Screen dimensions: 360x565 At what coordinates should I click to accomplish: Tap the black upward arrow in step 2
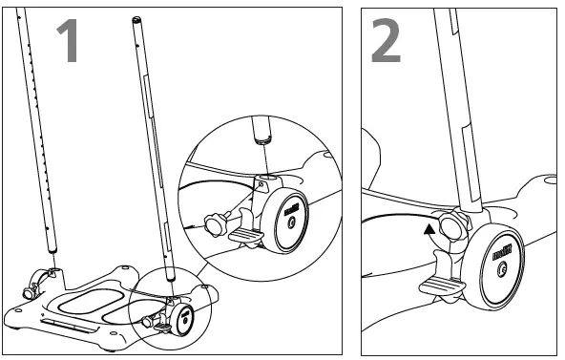point(430,227)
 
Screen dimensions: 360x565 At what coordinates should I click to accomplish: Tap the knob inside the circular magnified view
point(215,223)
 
